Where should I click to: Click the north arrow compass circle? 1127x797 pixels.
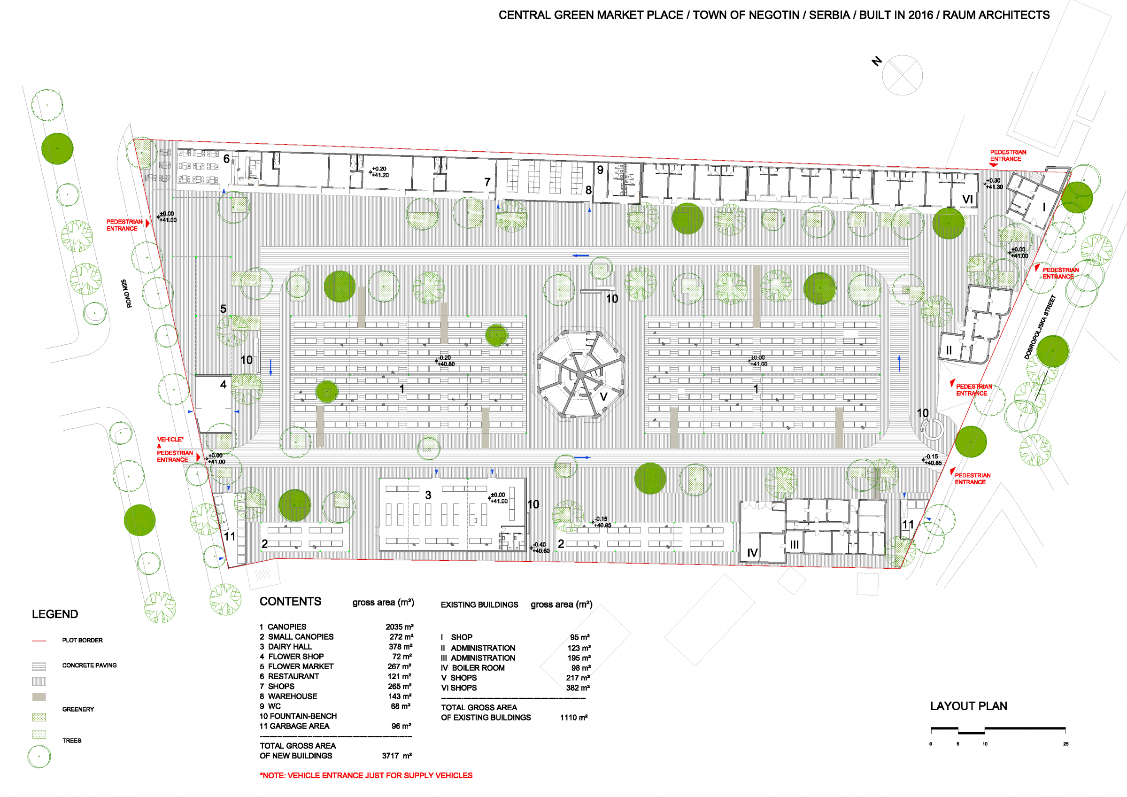(x=902, y=75)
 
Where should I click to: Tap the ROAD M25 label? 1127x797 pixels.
(x=126, y=294)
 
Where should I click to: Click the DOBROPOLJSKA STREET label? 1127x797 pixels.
(x=1040, y=327)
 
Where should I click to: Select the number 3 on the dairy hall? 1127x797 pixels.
(x=428, y=495)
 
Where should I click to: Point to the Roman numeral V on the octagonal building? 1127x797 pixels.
(x=604, y=397)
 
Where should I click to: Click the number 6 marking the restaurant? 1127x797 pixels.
(x=226, y=159)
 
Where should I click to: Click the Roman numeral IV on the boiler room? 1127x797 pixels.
(x=752, y=553)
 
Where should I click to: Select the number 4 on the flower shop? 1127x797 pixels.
(x=224, y=385)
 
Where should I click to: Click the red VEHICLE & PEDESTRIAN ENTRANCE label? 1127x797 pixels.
(x=174, y=449)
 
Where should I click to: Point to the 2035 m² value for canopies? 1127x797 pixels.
(x=400, y=627)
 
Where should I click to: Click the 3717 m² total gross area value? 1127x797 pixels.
(x=397, y=756)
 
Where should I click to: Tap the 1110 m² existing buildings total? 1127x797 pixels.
(x=574, y=718)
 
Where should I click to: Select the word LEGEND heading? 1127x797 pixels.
(x=55, y=614)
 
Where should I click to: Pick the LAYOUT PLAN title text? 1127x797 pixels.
(x=968, y=706)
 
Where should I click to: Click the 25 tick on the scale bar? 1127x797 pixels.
(x=1065, y=744)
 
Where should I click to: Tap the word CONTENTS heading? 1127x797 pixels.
(x=291, y=602)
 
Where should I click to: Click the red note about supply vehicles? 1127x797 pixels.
(x=366, y=775)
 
